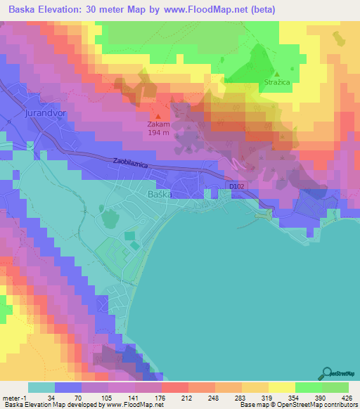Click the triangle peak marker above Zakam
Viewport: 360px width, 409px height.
[157, 117]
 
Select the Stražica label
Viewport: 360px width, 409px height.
[277, 82]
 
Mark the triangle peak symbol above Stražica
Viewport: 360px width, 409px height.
[277, 73]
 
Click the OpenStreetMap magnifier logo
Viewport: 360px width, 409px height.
[327, 373]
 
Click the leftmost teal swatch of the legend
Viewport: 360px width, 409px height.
[41, 387]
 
